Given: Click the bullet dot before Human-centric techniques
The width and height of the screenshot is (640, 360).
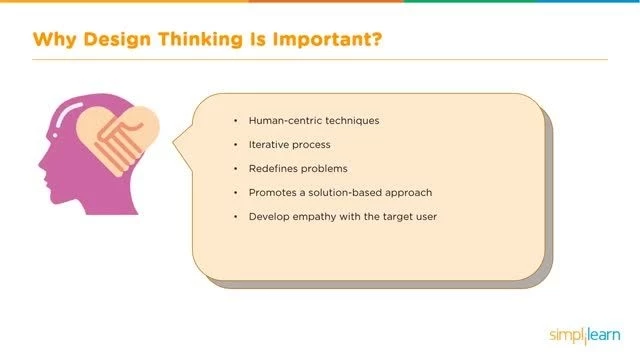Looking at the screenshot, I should tap(236, 120).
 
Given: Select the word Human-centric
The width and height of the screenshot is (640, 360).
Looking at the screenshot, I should tap(283, 120).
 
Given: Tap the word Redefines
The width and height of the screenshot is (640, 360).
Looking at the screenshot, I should tap(276, 168).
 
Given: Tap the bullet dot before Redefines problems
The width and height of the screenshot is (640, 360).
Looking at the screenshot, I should tap(236, 168).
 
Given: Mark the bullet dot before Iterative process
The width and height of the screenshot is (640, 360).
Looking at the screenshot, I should tap(236, 144).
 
